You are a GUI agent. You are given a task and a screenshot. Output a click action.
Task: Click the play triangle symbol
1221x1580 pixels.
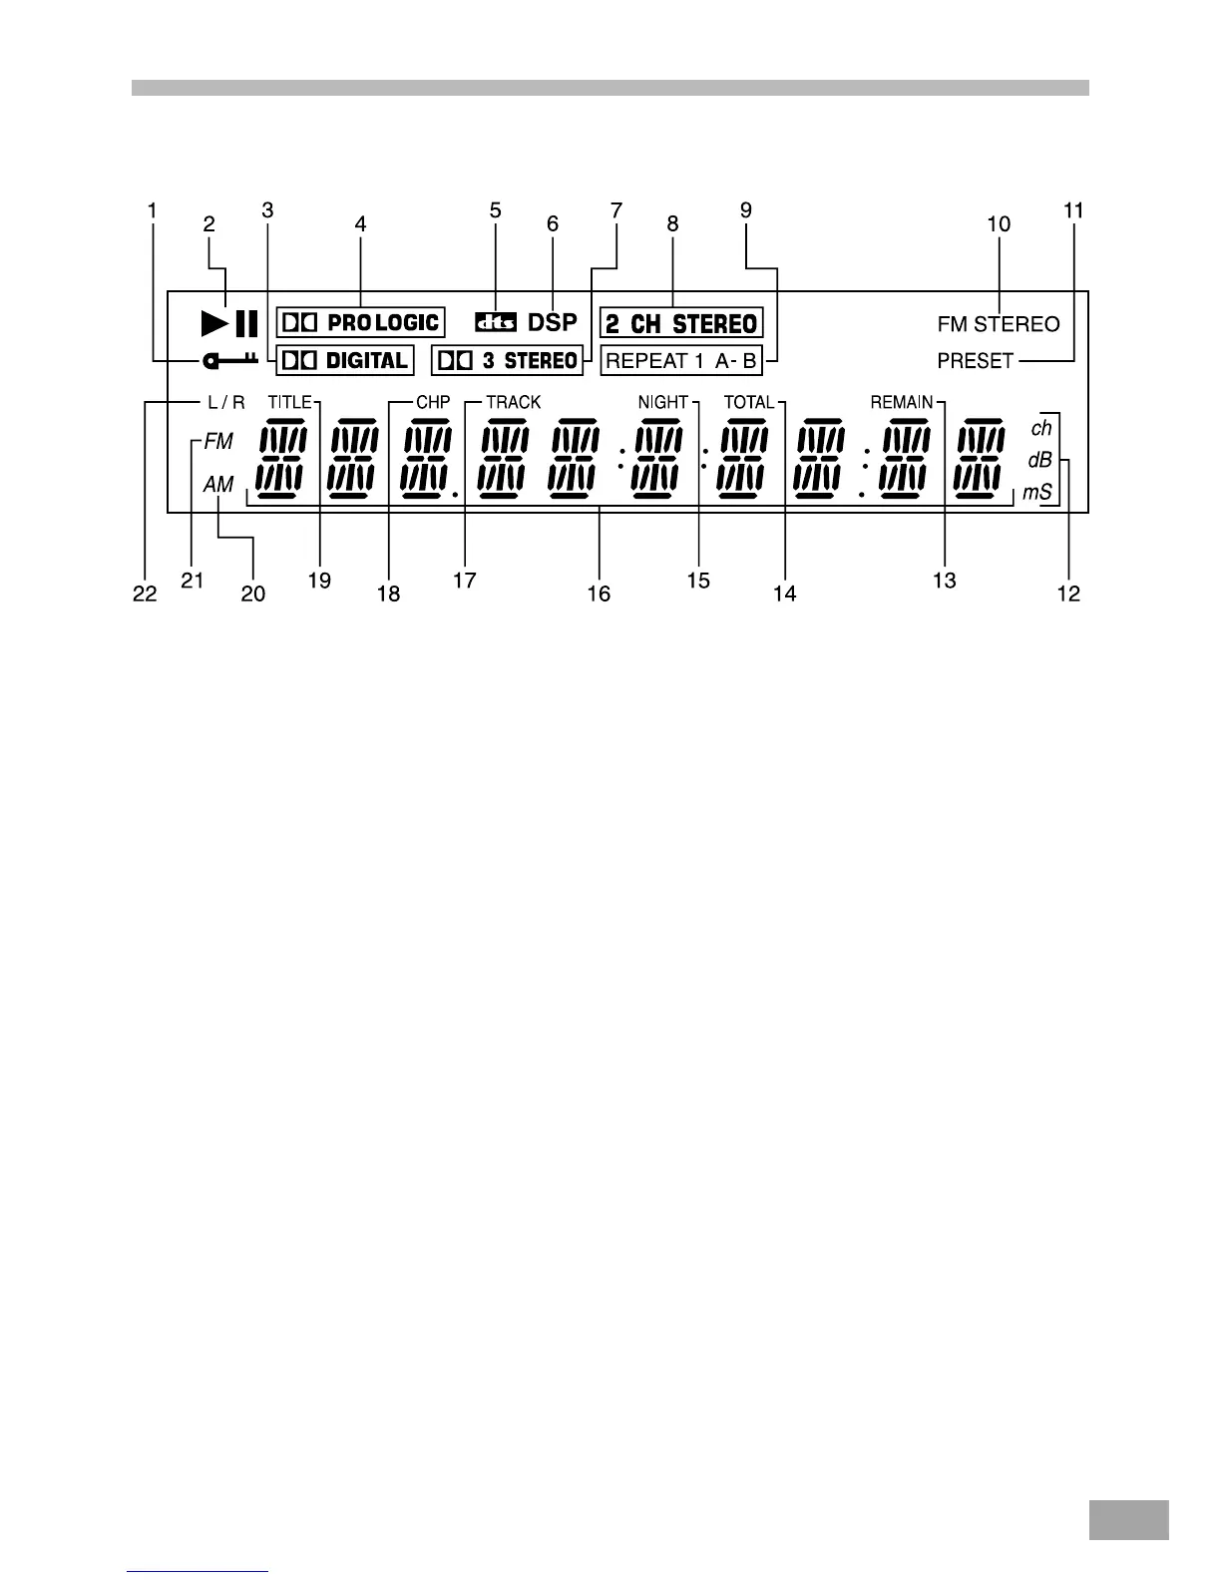(x=213, y=323)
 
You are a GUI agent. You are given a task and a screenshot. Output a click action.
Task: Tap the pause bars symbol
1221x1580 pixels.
(x=246, y=323)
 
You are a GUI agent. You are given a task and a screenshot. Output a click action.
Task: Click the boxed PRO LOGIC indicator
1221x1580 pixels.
(x=360, y=322)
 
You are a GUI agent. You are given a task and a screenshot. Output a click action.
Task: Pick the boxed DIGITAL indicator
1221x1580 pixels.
(x=344, y=360)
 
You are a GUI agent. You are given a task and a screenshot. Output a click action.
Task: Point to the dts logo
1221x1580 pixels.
(x=496, y=322)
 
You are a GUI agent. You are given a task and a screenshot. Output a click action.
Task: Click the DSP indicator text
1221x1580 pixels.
(x=553, y=322)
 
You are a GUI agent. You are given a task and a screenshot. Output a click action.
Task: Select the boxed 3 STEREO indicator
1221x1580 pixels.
(x=507, y=360)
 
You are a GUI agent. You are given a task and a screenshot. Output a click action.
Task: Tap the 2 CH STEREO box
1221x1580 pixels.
(x=681, y=323)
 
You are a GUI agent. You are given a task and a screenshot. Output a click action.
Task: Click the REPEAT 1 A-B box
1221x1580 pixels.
(x=681, y=361)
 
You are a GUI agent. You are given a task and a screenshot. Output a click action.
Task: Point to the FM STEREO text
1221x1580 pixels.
(x=999, y=324)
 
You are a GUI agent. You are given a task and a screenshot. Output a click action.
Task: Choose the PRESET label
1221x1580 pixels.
(x=976, y=361)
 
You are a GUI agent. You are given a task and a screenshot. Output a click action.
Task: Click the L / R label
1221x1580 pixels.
(x=225, y=403)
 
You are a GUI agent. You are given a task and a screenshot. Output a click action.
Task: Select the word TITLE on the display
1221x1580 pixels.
(x=290, y=402)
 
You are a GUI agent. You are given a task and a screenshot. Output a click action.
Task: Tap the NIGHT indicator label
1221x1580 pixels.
(x=663, y=402)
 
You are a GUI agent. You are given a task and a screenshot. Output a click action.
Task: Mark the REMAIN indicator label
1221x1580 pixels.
(x=902, y=402)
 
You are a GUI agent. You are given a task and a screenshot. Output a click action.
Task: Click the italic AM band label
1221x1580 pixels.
(x=218, y=485)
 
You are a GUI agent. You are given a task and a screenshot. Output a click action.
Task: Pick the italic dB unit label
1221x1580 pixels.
(x=1040, y=461)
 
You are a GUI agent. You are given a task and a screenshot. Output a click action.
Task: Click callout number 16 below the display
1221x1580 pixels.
(x=599, y=593)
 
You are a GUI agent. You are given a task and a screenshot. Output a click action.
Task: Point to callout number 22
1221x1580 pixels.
(x=146, y=593)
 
